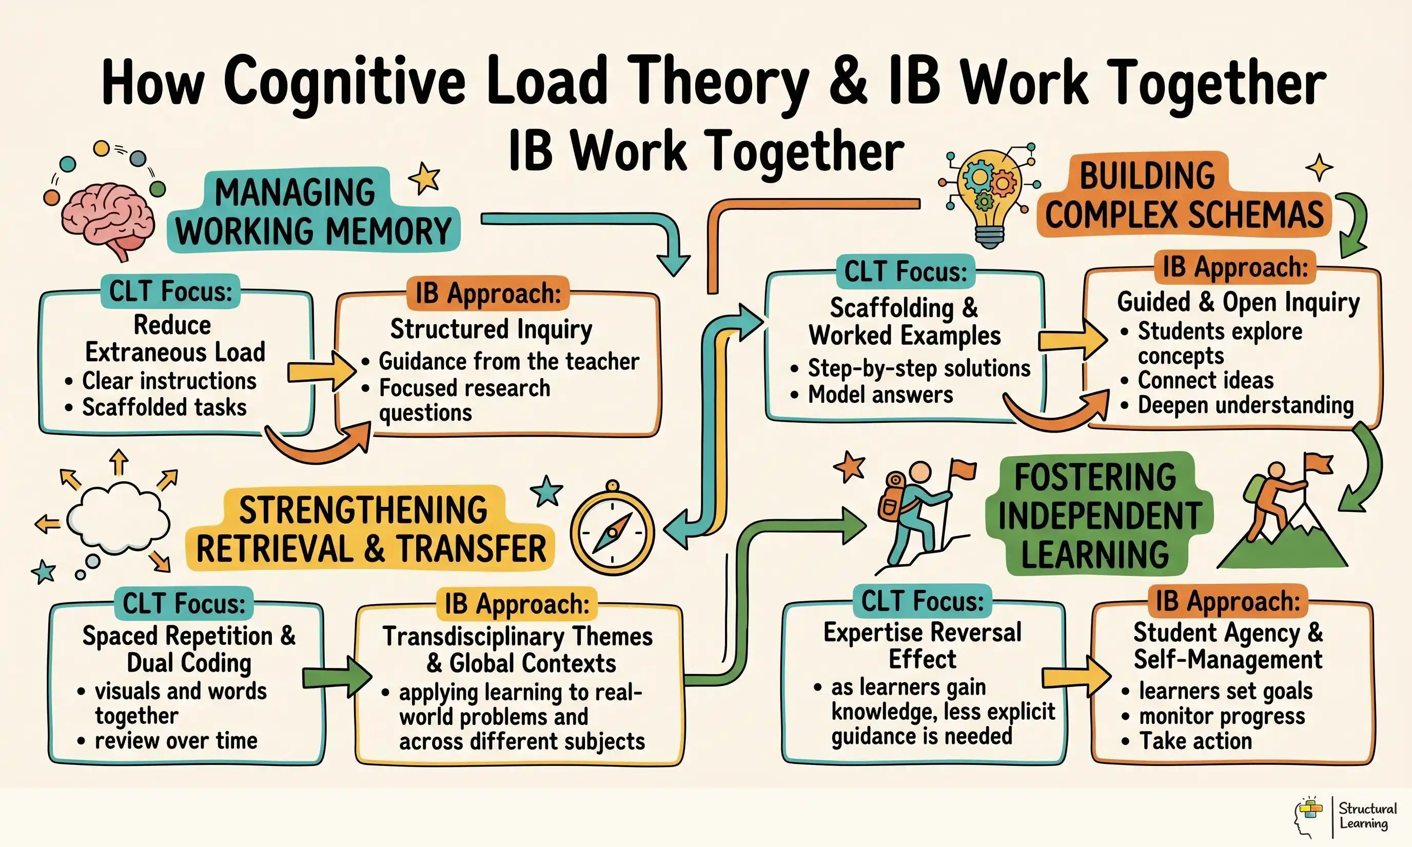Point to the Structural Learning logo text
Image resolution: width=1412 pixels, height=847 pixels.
pos(1367,816)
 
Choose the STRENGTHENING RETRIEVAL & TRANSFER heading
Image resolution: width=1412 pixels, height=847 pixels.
pos(370,529)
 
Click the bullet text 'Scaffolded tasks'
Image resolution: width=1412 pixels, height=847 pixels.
pos(164,407)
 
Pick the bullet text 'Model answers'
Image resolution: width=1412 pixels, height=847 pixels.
pos(880,395)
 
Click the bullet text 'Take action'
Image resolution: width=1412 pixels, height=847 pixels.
pos(1195,741)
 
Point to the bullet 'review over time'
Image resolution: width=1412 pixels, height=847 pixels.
pos(176,741)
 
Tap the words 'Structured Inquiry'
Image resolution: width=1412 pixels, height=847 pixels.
pos(491,329)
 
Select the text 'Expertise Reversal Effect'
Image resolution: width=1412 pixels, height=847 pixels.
pos(923,645)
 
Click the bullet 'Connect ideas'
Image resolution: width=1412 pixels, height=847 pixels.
pos(1205,380)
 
